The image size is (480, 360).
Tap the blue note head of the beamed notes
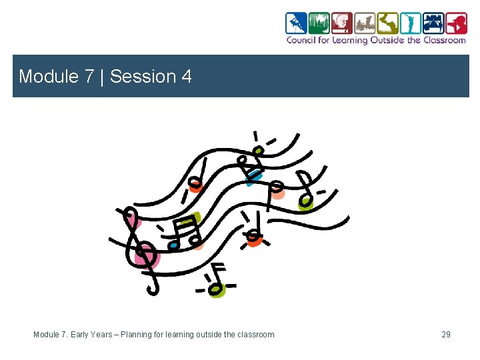(173, 245)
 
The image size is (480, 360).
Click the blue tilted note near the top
(254, 175)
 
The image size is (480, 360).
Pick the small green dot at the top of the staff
(257, 151)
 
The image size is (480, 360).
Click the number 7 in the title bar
(89, 77)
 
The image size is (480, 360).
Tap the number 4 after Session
(186, 77)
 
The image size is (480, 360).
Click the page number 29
(446, 334)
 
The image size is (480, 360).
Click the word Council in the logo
(301, 40)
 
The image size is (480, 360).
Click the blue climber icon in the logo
(296, 23)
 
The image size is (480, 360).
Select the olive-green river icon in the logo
(387, 23)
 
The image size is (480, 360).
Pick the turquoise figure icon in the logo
(410, 23)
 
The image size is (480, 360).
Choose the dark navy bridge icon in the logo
(433, 23)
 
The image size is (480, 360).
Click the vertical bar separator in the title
(103, 77)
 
